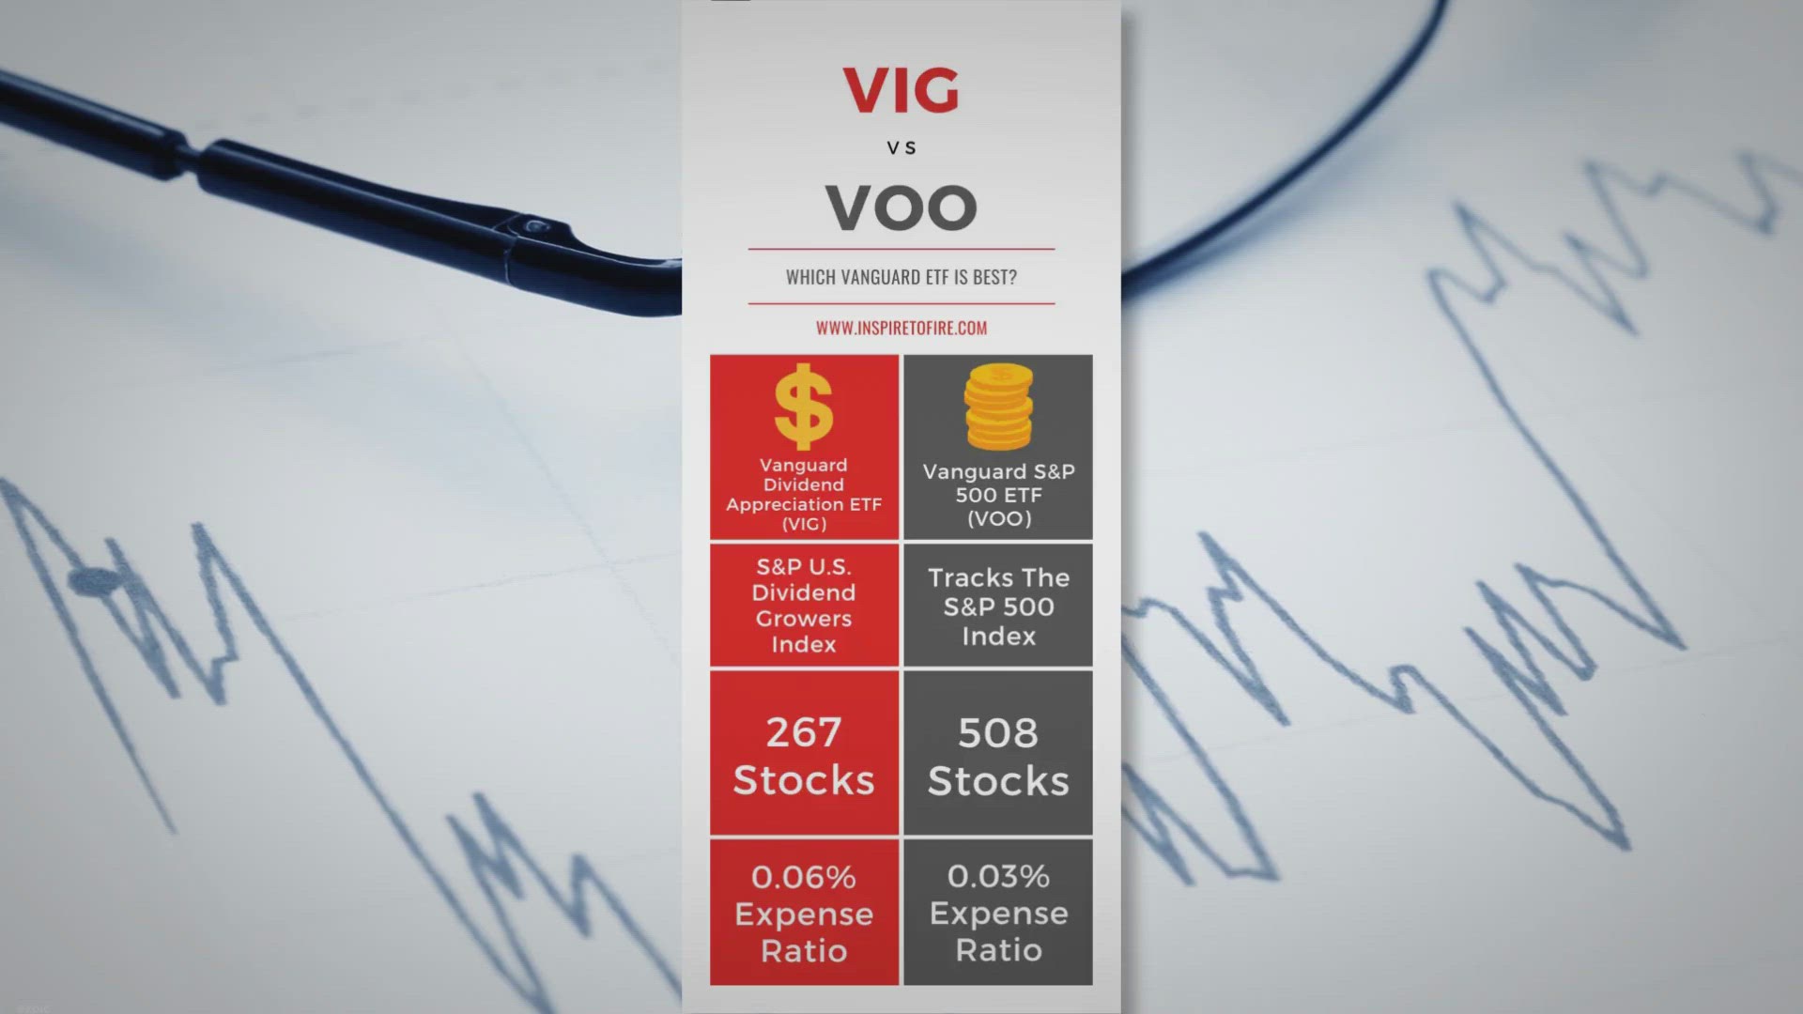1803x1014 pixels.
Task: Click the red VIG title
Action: pyautogui.click(x=901, y=89)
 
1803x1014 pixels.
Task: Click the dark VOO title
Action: pyautogui.click(x=901, y=207)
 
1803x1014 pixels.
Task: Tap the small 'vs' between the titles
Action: pyautogui.click(x=901, y=147)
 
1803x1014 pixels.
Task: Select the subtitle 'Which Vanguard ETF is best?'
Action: pyautogui.click(x=901, y=277)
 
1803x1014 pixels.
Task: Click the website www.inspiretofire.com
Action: pyautogui.click(x=901, y=328)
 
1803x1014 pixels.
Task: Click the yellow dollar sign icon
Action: pyautogui.click(x=804, y=407)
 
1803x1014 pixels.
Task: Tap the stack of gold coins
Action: pyautogui.click(x=998, y=407)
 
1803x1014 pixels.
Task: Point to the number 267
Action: pyautogui.click(x=804, y=732)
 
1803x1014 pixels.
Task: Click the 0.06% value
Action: pyautogui.click(x=804, y=877)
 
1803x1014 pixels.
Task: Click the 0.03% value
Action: pyautogui.click(x=998, y=876)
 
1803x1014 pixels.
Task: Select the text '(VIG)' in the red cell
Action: pyautogui.click(x=805, y=524)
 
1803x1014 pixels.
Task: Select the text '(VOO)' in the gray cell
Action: pyautogui.click(x=999, y=518)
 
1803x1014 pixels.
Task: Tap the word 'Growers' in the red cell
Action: pyautogui.click(x=804, y=619)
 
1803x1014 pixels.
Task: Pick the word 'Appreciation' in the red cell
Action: pyautogui.click(x=777, y=505)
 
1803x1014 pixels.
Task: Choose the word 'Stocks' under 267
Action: pyautogui.click(x=804, y=780)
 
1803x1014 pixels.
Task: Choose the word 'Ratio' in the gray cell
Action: pyautogui.click(x=999, y=950)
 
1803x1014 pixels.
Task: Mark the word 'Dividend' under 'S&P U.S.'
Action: pyautogui.click(x=804, y=592)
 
